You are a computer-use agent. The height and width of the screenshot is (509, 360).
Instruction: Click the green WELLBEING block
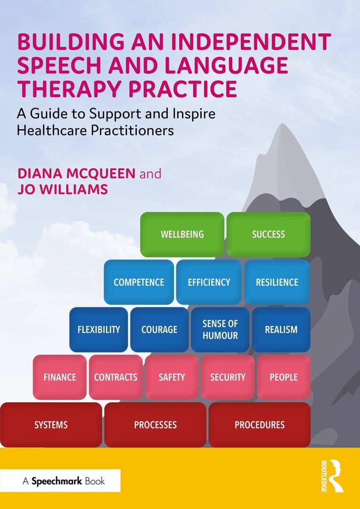coord(182,235)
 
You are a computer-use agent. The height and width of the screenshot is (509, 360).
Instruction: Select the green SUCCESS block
coord(268,235)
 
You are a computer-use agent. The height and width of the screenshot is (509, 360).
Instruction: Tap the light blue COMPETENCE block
coord(139,282)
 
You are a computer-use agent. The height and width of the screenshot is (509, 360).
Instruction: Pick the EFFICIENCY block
coord(209,282)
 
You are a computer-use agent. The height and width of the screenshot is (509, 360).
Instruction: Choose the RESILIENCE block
coord(277,282)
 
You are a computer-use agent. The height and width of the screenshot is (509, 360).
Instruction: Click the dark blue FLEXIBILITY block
coord(99,329)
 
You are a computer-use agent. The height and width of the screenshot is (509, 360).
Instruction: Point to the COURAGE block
coord(159,329)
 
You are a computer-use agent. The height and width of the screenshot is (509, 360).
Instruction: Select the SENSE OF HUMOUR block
coord(220,329)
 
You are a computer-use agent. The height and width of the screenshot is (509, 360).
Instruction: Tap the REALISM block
coord(281,329)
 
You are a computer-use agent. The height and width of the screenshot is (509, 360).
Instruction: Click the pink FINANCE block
coord(60,377)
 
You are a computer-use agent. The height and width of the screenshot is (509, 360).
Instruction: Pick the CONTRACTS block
coord(116,377)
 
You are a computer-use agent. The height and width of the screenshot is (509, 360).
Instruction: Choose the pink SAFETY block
coord(172,377)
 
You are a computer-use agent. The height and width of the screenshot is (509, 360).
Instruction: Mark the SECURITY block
coord(227,377)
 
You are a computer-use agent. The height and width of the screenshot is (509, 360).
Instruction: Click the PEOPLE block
coord(284,377)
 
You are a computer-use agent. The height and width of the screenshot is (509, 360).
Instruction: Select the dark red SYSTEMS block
coord(51,424)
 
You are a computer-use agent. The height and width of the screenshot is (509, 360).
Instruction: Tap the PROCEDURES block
coord(260,424)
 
